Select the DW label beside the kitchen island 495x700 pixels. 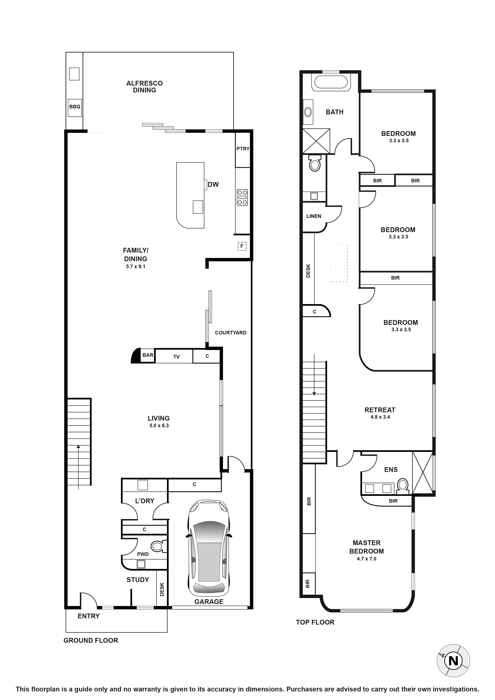[x=213, y=184]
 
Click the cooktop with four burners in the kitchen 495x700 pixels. [x=243, y=197]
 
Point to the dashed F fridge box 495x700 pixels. [x=242, y=246]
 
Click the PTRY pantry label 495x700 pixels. [x=243, y=149]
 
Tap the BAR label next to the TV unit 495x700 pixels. [x=148, y=355]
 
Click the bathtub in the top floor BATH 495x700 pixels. [x=331, y=82]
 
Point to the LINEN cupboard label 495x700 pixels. [x=314, y=216]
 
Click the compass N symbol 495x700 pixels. [x=453, y=661]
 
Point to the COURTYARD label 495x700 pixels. [x=231, y=333]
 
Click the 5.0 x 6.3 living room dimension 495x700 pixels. [x=159, y=426]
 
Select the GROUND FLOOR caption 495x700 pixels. [x=91, y=641]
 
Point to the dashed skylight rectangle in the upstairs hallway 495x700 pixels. [x=339, y=263]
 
